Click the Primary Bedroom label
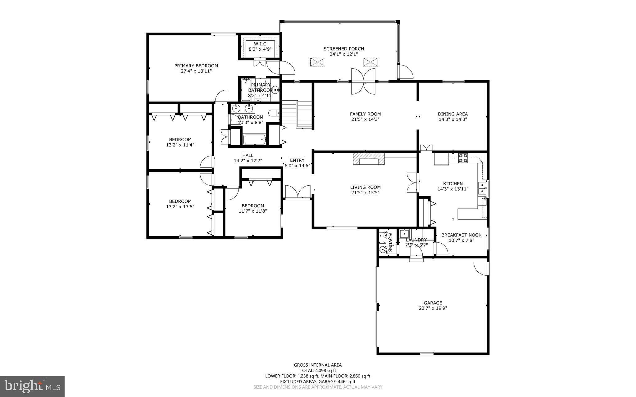coord(196,66)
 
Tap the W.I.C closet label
coord(260,44)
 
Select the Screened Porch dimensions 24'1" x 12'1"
coord(343,54)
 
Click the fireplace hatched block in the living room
coord(369,159)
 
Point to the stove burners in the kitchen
coord(463,158)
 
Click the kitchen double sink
coord(482,188)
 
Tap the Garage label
coord(433,303)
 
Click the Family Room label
coord(365,114)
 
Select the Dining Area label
coord(453,114)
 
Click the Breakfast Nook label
coord(461,235)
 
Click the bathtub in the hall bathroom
coord(254,139)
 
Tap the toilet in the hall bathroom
coord(275,113)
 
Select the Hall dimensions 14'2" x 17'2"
coord(248,161)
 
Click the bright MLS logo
coord(32,386)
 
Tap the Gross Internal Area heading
coord(318,365)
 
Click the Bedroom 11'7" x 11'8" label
coord(253,205)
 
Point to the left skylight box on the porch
coord(318,62)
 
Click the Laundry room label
coord(416,240)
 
